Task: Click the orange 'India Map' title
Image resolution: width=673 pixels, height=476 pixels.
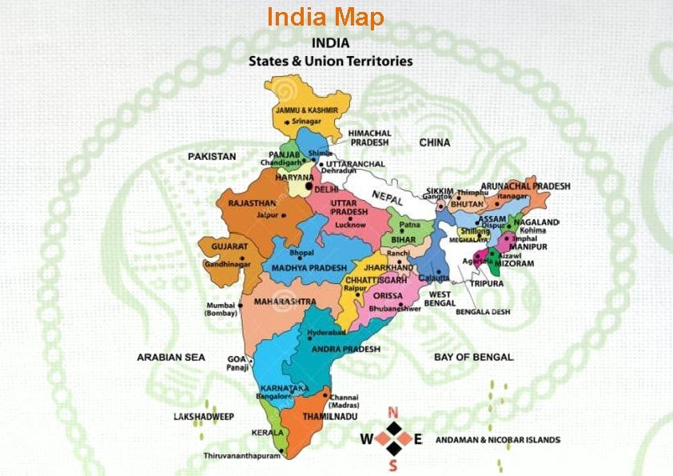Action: [325, 18]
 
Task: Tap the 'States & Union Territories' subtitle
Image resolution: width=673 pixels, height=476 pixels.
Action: [330, 60]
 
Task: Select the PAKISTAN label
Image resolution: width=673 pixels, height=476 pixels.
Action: [212, 157]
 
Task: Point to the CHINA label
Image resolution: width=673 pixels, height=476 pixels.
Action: [435, 142]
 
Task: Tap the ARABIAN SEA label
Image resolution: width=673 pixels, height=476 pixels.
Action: [170, 357]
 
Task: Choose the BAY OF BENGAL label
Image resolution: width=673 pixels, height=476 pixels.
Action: [474, 357]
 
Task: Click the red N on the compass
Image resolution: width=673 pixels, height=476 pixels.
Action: [392, 413]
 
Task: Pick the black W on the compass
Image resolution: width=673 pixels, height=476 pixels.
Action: [366, 438]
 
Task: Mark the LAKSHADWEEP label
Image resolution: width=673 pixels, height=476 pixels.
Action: [203, 417]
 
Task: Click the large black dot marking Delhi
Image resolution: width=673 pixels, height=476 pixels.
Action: [309, 186]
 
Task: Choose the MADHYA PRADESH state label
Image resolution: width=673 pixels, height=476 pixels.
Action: [309, 267]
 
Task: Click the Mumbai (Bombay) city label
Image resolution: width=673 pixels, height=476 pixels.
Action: [221, 309]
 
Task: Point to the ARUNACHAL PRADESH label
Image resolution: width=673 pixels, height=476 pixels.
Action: [532, 186]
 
